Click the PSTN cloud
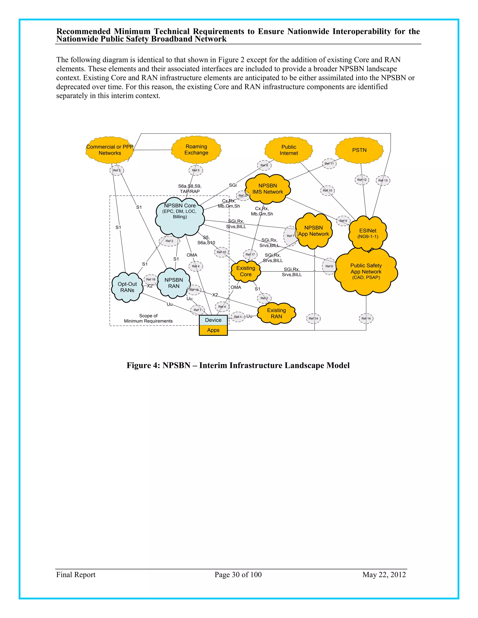[x=359, y=150]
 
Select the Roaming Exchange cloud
[x=196, y=150]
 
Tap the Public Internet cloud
[x=288, y=150]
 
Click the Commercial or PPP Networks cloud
[x=110, y=150]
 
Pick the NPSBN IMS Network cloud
[x=268, y=189]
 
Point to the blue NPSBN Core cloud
[x=180, y=216]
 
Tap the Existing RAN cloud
[x=276, y=313]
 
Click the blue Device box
[x=213, y=320]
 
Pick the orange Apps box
[x=213, y=330]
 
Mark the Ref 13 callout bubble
[x=383, y=180]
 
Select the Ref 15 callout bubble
[x=221, y=252]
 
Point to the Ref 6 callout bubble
[x=329, y=266]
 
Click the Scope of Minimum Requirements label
[x=148, y=318]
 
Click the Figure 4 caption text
[x=238, y=365]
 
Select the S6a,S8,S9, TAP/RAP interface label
[x=190, y=189]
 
